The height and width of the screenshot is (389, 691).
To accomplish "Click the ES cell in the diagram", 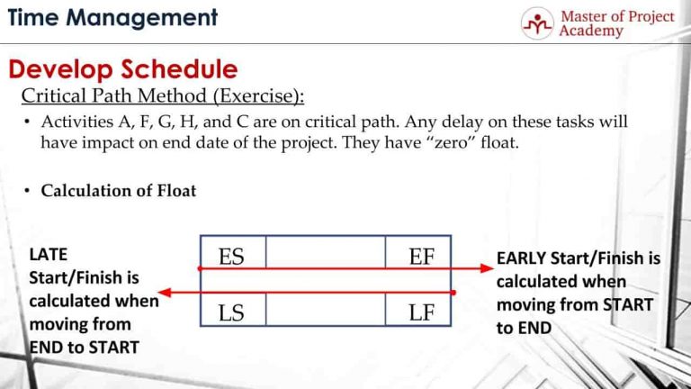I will coord(231,258).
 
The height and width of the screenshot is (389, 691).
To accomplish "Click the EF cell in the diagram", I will coord(420,258).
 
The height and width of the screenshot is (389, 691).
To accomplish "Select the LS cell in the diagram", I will coord(231,312).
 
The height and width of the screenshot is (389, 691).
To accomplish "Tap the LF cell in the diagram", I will coord(420,312).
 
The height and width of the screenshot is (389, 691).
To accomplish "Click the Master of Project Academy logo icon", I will coord(538,23).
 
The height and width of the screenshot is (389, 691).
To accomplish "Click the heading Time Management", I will coord(112,17).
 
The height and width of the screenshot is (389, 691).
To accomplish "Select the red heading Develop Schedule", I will coord(123,69).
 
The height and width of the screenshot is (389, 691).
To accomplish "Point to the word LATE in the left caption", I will coord(49,256).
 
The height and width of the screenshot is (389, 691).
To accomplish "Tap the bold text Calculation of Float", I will coord(118,190).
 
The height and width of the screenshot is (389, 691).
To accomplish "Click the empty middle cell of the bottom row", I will coord(325,313).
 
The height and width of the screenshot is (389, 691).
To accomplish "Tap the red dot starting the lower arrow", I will coord(453,293).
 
